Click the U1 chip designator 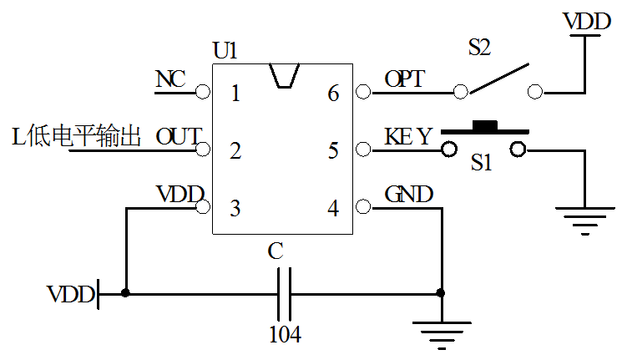click(225, 51)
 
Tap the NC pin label click(170, 79)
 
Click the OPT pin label click(404, 79)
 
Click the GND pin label click(408, 195)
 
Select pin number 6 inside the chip click(333, 94)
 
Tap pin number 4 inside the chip click(333, 209)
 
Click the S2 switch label click(479, 48)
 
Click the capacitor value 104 click(284, 335)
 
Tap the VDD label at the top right click(586, 22)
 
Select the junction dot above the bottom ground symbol click(441, 293)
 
